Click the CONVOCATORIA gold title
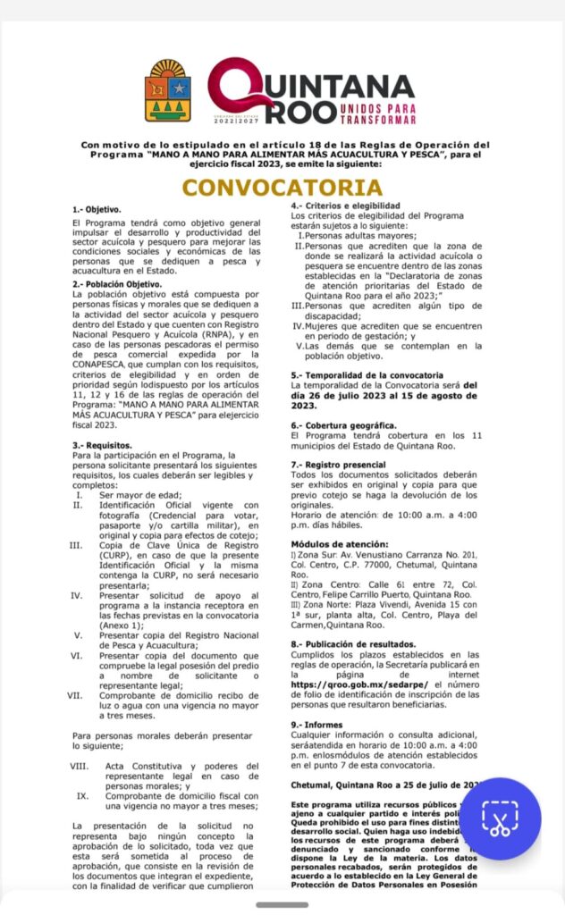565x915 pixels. [282, 188]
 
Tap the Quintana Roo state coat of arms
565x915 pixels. [168, 91]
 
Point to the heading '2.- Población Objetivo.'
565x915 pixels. [117, 284]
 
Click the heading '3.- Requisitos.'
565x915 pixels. [102, 444]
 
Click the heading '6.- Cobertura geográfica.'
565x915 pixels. [343, 425]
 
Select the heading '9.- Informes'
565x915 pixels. [318, 724]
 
